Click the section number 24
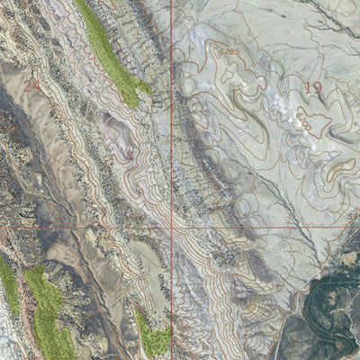pos(33,86)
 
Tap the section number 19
pos(313,87)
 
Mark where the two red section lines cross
pos(171,228)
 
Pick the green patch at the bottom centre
pos(153,335)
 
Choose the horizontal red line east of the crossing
pos(261,227)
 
